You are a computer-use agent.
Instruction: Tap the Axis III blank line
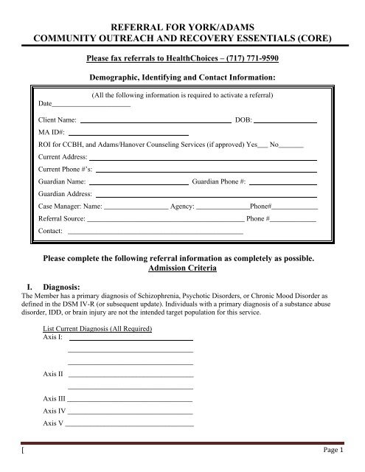130,399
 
